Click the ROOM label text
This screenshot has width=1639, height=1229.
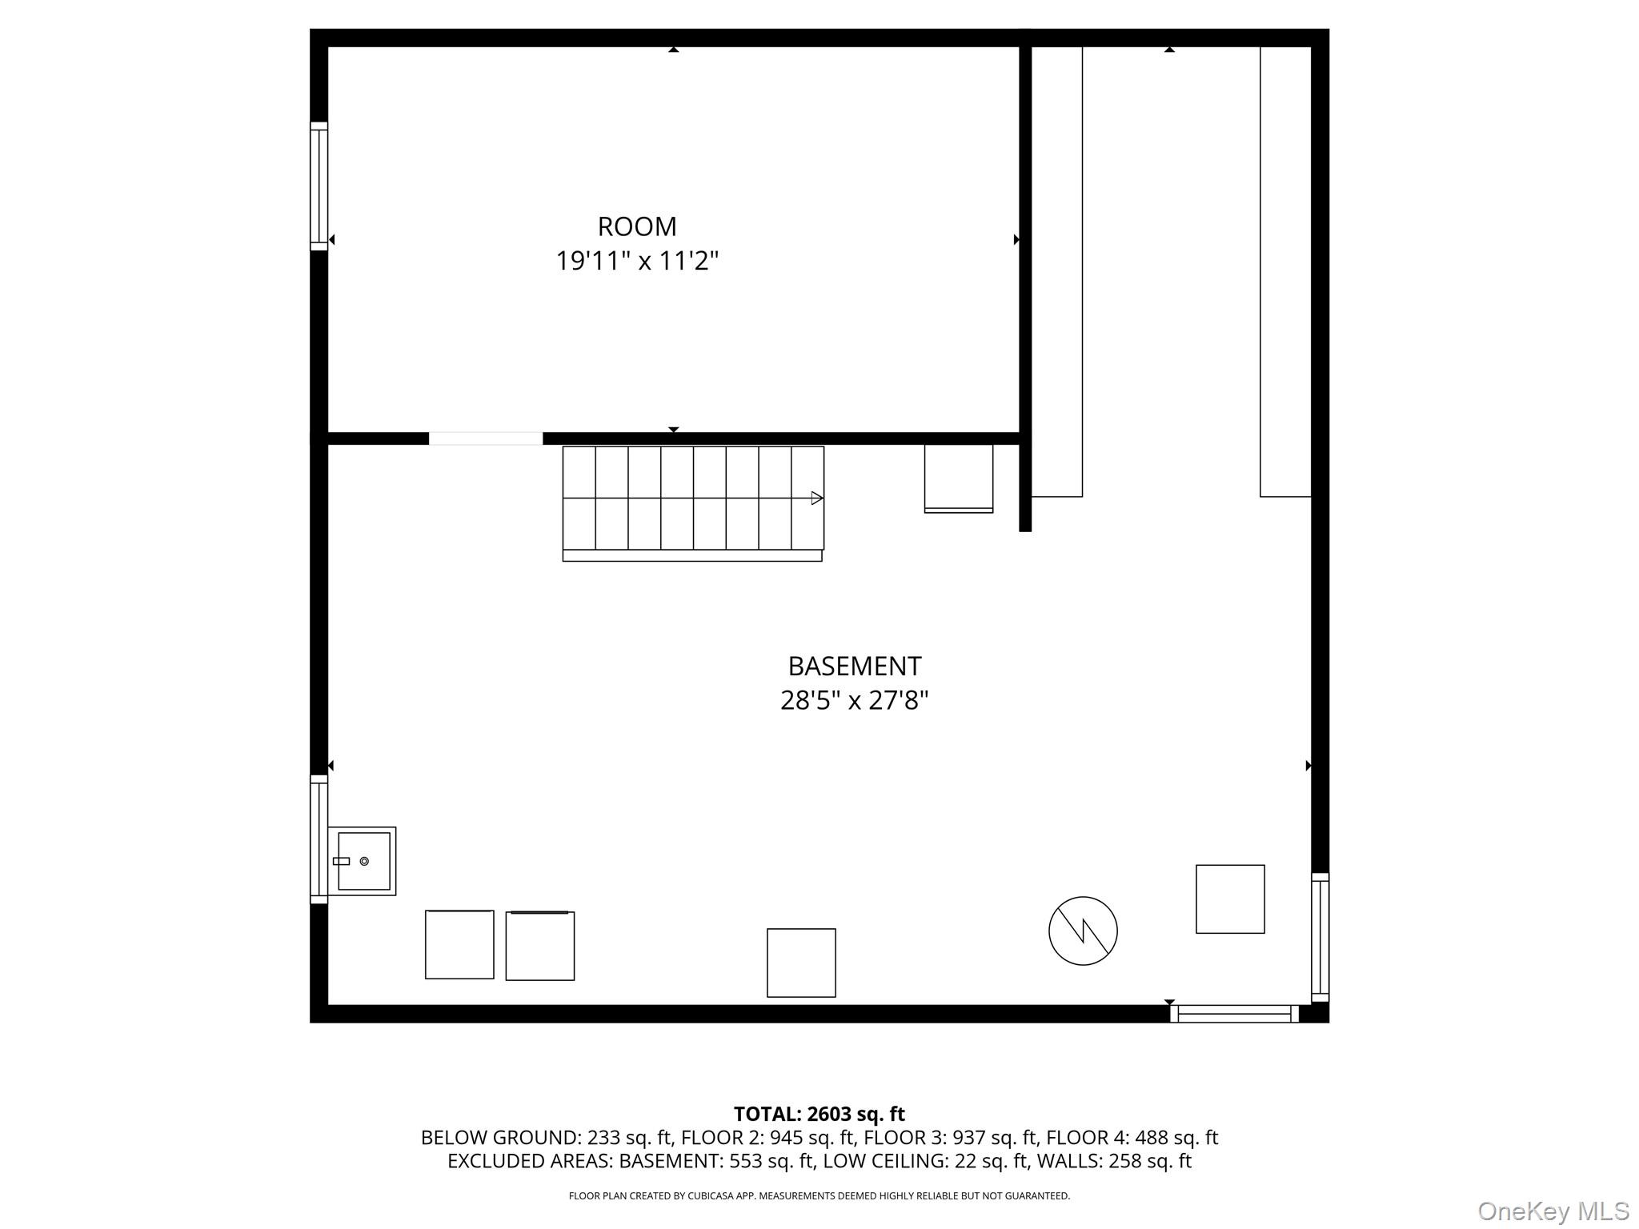pos(637,226)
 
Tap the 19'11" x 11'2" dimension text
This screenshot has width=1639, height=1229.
pos(637,261)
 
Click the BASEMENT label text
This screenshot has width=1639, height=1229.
pos(854,666)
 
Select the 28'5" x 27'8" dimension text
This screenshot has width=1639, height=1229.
pos(854,701)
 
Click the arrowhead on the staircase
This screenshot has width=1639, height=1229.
pos(816,498)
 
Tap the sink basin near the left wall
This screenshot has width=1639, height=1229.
pos(363,861)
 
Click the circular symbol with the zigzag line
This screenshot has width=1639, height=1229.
pos(1083,931)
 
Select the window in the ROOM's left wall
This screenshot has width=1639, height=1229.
pos(319,186)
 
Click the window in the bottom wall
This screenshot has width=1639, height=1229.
pos(1234,1014)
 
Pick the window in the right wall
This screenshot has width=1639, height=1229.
pos(1320,937)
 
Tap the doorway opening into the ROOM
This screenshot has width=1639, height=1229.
pos(486,438)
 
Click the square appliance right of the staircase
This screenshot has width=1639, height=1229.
pos(959,478)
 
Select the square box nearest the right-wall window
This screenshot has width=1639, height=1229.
pos(1230,899)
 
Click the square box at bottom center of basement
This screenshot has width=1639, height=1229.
pos(801,963)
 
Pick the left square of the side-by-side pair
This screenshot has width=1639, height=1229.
pos(459,944)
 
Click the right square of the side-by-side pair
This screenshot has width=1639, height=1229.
pos(540,946)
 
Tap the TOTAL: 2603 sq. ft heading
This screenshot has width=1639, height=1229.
pos(819,1114)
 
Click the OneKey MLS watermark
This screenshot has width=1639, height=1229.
pos(1553,1211)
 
